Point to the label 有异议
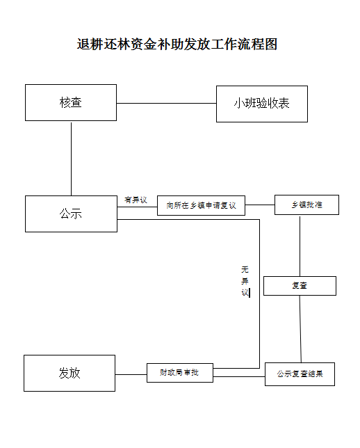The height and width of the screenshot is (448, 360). click(x=136, y=200)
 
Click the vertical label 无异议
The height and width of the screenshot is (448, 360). click(x=245, y=281)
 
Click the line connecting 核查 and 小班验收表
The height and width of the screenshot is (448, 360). click(x=166, y=103)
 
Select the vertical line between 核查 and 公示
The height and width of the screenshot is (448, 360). click(x=71, y=159)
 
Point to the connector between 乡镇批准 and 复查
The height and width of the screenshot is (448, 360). click(x=300, y=246)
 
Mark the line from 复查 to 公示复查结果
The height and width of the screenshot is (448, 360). click(x=300, y=329)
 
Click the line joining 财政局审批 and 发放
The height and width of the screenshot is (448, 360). click(x=131, y=374)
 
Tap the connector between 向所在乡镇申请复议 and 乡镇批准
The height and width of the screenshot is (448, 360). click(x=260, y=205)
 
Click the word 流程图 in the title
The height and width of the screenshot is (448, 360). click(x=258, y=44)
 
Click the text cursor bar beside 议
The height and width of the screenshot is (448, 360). click(x=249, y=293)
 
